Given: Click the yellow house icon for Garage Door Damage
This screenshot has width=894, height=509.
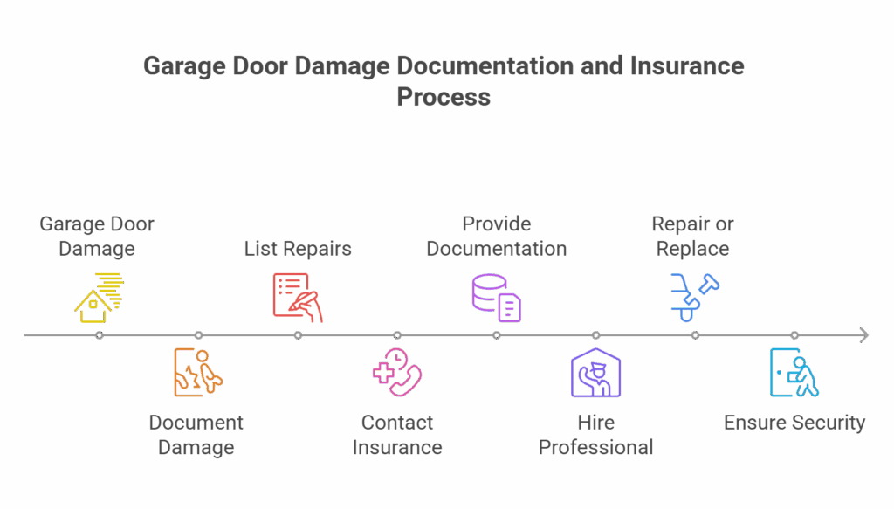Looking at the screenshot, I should [x=97, y=298].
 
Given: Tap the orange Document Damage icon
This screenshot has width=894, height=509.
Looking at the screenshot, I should [x=197, y=373].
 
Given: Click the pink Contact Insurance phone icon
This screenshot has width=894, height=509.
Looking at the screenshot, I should [x=397, y=373].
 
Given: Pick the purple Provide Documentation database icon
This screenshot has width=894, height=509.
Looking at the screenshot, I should [x=496, y=298].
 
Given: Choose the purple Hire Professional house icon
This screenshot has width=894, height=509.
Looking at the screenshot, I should [x=595, y=373].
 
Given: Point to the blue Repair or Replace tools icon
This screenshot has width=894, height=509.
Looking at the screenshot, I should [x=695, y=297].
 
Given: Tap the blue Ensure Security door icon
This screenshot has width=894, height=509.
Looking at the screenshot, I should [x=794, y=373].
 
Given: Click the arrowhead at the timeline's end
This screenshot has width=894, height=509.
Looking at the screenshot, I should [x=863, y=335].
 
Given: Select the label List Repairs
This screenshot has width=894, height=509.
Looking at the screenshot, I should [x=298, y=249].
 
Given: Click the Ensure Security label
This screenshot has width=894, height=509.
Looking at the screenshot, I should [x=794, y=423].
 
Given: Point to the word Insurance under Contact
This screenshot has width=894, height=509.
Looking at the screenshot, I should [x=397, y=448].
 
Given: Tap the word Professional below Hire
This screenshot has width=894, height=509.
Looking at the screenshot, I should [x=596, y=448].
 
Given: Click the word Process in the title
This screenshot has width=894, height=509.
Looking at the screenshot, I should [x=444, y=97].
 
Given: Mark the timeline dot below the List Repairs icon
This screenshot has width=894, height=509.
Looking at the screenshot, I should [x=298, y=335].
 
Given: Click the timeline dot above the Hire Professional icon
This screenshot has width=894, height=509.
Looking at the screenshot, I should [x=595, y=335].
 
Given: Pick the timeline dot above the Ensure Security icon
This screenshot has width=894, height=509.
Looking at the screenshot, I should [x=794, y=335].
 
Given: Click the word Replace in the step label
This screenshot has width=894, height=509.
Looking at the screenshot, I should [x=693, y=249].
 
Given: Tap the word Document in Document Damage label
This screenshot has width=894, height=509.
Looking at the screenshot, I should [x=196, y=423].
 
